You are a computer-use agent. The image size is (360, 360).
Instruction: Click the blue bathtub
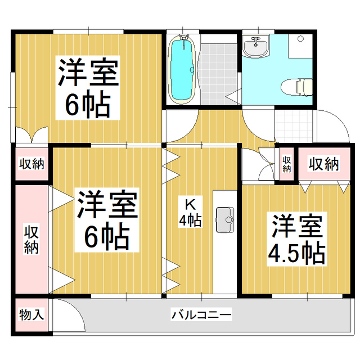click(x=182, y=71)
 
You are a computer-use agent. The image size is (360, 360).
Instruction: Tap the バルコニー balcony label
click(x=202, y=314)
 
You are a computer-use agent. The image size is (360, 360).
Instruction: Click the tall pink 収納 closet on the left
click(x=31, y=238)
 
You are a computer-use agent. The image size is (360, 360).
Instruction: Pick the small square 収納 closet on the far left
click(x=31, y=164)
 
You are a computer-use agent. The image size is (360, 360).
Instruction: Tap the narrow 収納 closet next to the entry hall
click(x=286, y=163)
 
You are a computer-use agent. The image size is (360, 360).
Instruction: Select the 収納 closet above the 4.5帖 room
click(x=324, y=164)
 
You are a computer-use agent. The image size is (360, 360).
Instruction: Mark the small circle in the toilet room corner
click(x=300, y=38)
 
